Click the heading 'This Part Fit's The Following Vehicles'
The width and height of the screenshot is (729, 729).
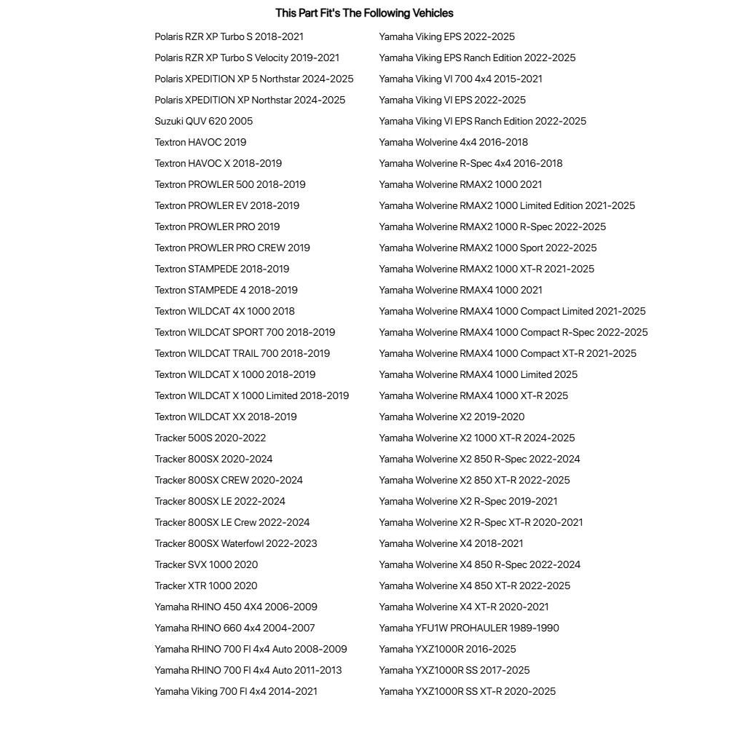(364, 13)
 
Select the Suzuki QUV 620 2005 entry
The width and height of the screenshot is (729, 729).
(204, 121)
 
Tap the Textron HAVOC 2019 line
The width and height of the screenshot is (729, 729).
(200, 142)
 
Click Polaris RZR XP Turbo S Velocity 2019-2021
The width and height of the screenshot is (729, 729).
(247, 58)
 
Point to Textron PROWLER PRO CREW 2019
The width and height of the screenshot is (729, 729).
(232, 248)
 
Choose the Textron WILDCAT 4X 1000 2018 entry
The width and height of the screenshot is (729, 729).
(224, 311)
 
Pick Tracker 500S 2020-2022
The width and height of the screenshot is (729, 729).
(210, 438)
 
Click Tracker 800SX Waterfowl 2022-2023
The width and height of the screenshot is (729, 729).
(236, 543)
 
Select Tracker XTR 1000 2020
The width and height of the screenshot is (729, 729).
(206, 586)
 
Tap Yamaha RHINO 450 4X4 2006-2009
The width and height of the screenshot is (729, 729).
(236, 607)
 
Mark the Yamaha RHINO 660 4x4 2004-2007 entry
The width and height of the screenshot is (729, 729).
(235, 628)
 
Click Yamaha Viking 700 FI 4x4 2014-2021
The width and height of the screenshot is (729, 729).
(236, 691)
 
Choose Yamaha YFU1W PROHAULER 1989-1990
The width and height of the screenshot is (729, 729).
(469, 628)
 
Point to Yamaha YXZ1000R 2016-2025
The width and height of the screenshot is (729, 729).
(447, 649)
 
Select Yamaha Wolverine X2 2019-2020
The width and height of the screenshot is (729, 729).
(452, 417)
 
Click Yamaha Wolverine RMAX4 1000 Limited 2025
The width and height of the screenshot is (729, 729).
(478, 374)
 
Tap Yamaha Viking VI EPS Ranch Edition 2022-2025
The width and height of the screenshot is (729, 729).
(482, 121)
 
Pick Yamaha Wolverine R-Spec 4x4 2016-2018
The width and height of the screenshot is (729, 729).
(470, 163)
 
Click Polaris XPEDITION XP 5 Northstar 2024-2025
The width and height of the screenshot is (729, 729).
(254, 79)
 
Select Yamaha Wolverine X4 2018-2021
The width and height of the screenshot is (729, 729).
(451, 543)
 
